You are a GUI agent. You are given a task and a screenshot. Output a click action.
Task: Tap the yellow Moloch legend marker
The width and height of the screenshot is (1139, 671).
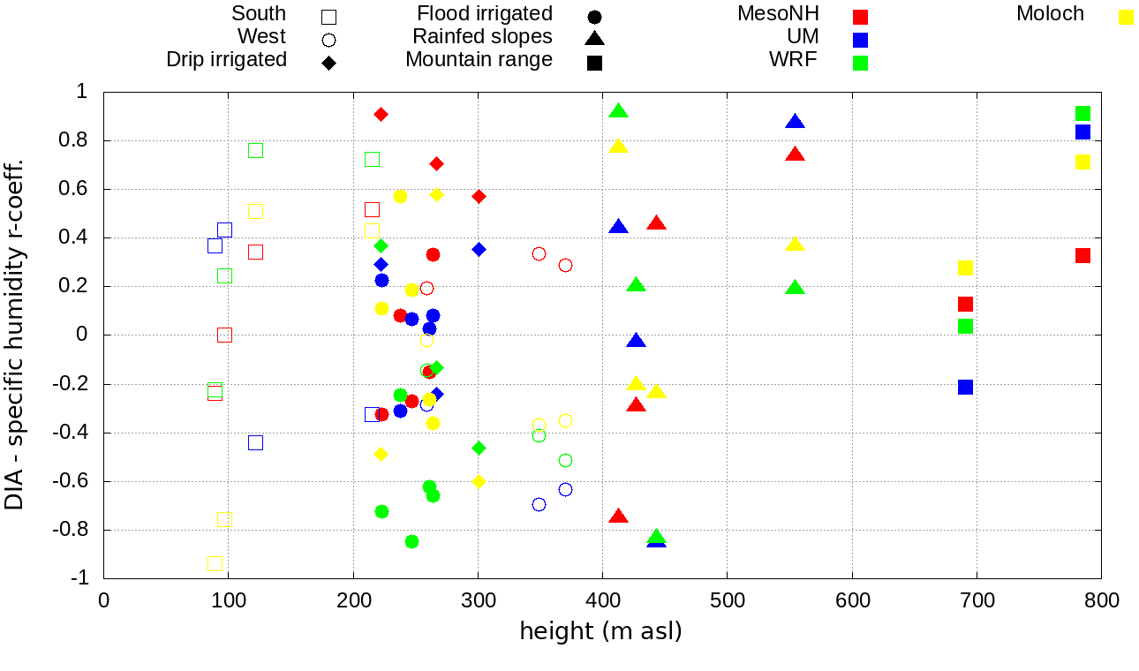[x=1126, y=17]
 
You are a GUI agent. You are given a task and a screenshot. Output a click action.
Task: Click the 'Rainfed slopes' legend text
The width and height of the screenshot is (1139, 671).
[x=482, y=37]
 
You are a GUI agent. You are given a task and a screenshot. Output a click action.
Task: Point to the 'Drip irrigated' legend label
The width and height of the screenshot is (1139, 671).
[x=226, y=60]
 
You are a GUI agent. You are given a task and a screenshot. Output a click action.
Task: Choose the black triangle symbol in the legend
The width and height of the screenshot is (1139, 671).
[x=594, y=38]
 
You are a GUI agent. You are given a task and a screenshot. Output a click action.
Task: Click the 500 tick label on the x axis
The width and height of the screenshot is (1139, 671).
[x=728, y=601]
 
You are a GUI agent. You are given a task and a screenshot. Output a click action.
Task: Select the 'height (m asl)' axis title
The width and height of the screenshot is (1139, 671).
[x=600, y=632]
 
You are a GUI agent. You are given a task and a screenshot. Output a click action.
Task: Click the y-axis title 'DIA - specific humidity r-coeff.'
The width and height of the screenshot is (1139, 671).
[x=15, y=335]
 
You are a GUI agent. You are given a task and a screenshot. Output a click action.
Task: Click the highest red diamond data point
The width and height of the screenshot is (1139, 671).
[x=381, y=114]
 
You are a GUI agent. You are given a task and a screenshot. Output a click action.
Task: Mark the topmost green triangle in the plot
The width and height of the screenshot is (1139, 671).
[x=618, y=111]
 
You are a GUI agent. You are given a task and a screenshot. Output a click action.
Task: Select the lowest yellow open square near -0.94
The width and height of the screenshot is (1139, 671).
[x=215, y=563]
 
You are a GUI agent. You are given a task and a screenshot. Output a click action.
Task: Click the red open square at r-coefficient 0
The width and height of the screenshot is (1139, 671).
[x=224, y=335]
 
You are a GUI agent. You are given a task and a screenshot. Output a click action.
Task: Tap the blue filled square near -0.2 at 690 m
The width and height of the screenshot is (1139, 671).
[x=965, y=387]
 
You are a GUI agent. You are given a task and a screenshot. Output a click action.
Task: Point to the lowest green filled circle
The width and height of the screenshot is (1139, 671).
[x=411, y=541]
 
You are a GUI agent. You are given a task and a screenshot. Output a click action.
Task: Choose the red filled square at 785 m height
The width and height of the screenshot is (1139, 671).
[x=1082, y=255]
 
